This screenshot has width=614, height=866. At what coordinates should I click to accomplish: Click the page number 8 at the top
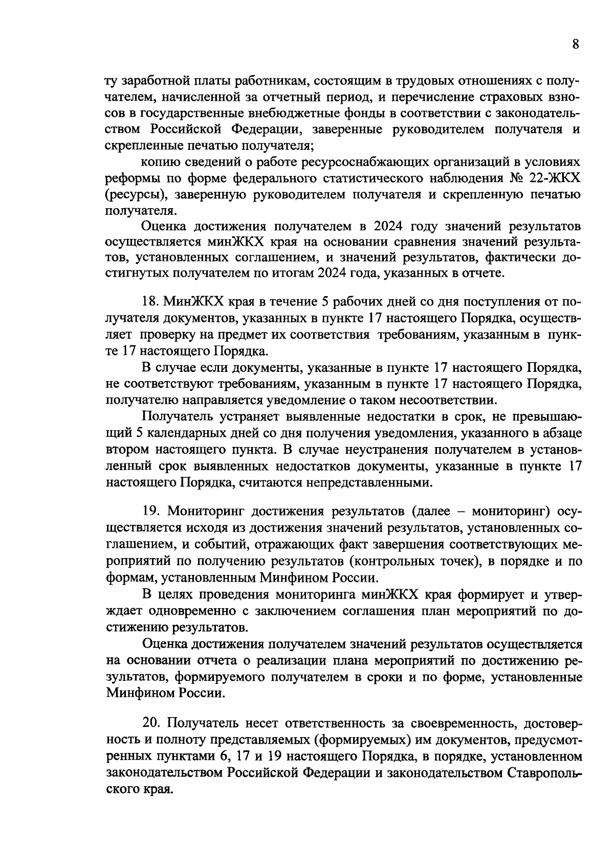[x=576, y=45]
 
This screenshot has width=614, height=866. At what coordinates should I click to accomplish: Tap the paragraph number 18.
[x=150, y=302]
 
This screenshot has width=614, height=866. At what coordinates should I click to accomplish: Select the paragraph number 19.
[x=150, y=512]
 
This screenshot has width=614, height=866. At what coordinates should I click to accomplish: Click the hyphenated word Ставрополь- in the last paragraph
[x=544, y=772]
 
